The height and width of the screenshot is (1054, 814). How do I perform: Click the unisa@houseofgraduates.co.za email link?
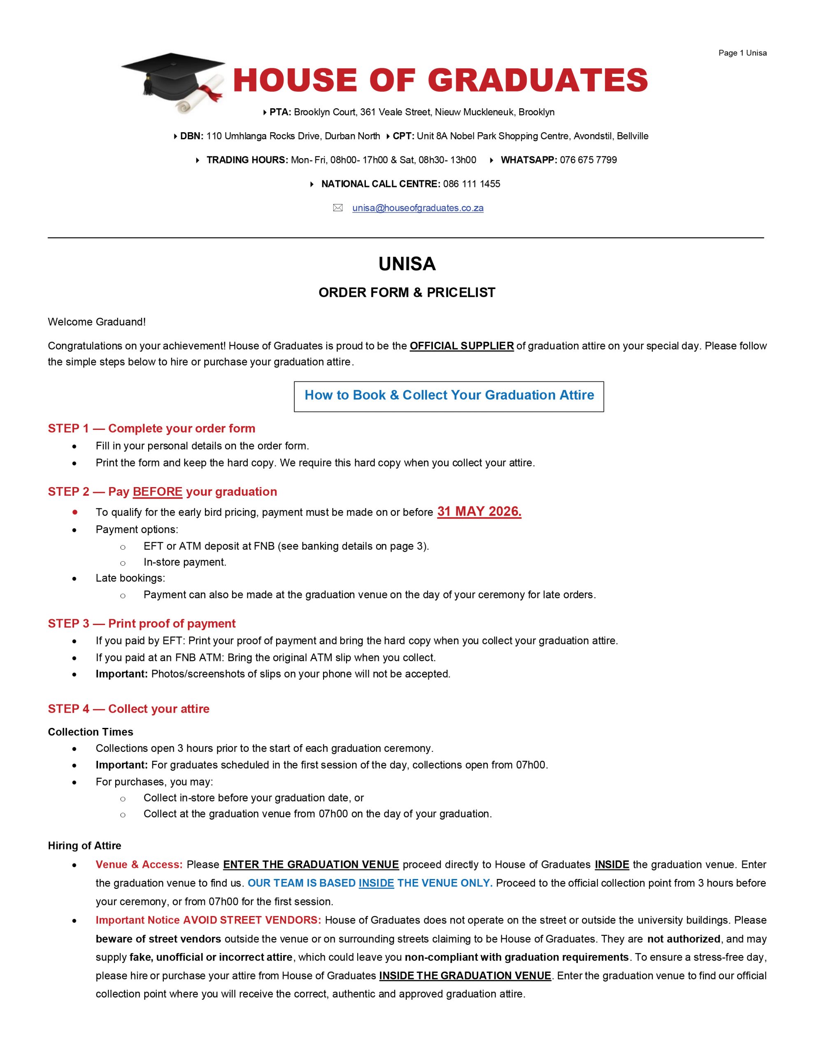click(x=417, y=208)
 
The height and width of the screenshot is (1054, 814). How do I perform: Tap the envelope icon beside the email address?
click(x=338, y=208)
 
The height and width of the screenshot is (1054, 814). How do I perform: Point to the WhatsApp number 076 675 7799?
click(x=588, y=160)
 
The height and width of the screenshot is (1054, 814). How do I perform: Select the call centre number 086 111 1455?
click(x=472, y=184)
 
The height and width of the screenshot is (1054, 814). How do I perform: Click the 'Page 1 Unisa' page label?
click(x=742, y=53)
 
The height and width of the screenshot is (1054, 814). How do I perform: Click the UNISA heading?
click(x=407, y=264)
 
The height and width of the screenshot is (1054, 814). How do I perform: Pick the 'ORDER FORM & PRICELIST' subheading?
click(x=407, y=292)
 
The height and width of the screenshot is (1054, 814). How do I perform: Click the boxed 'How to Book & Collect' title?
click(x=449, y=395)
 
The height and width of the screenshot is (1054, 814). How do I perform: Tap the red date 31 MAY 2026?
click(x=479, y=511)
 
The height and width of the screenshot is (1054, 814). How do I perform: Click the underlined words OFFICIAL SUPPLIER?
click(x=461, y=346)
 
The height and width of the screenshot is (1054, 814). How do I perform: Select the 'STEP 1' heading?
click(x=151, y=429)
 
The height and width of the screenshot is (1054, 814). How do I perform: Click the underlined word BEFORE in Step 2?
click(x=157, y=492)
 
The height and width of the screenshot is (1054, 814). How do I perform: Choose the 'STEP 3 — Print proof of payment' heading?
click(x=142, y=623)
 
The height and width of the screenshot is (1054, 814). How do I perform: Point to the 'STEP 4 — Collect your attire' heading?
click(x=128, y=709)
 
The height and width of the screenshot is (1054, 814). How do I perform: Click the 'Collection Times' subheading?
click(x=90, y=732)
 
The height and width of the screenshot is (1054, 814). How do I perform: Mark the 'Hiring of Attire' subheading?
click(x=84, y=846)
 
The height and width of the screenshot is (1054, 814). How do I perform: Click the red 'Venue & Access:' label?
click(x=139, y=864)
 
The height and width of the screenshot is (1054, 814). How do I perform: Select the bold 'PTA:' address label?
click(x=280, y=112)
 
